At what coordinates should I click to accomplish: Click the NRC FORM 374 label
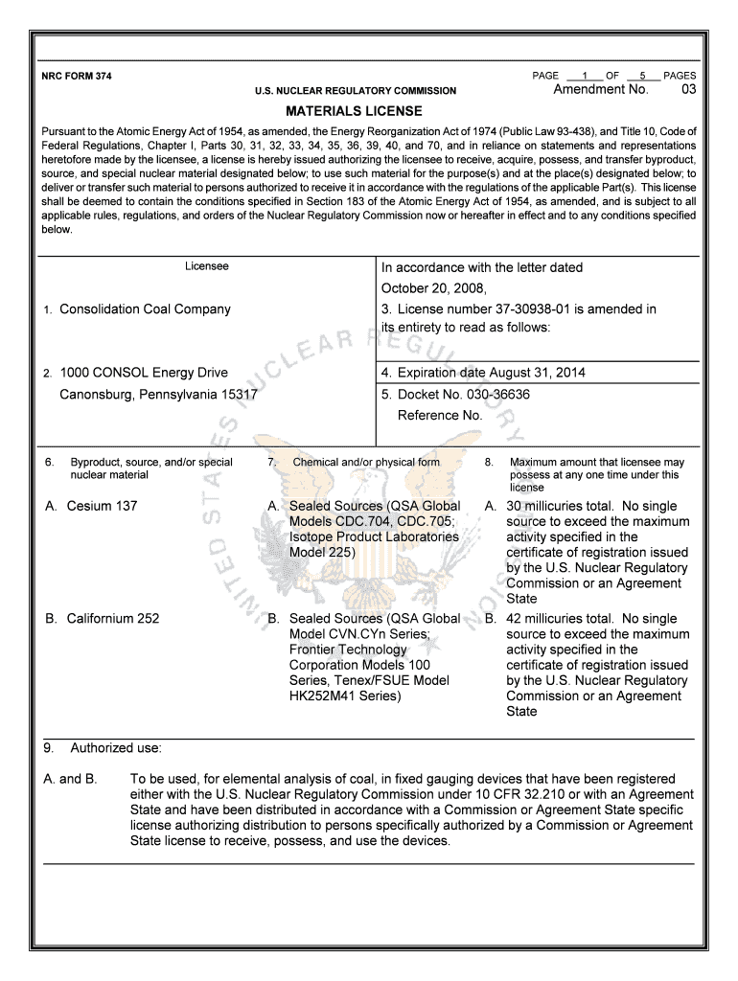pos(76,76)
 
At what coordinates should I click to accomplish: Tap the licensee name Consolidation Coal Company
pos(145,309)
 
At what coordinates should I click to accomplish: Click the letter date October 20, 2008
pos(434,288)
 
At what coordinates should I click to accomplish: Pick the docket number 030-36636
pos(496,394)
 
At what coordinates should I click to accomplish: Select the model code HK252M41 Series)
pos(345,696)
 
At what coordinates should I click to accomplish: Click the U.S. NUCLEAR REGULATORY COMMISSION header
pos(355,91)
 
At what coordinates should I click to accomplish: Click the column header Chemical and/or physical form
pos(366,463)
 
